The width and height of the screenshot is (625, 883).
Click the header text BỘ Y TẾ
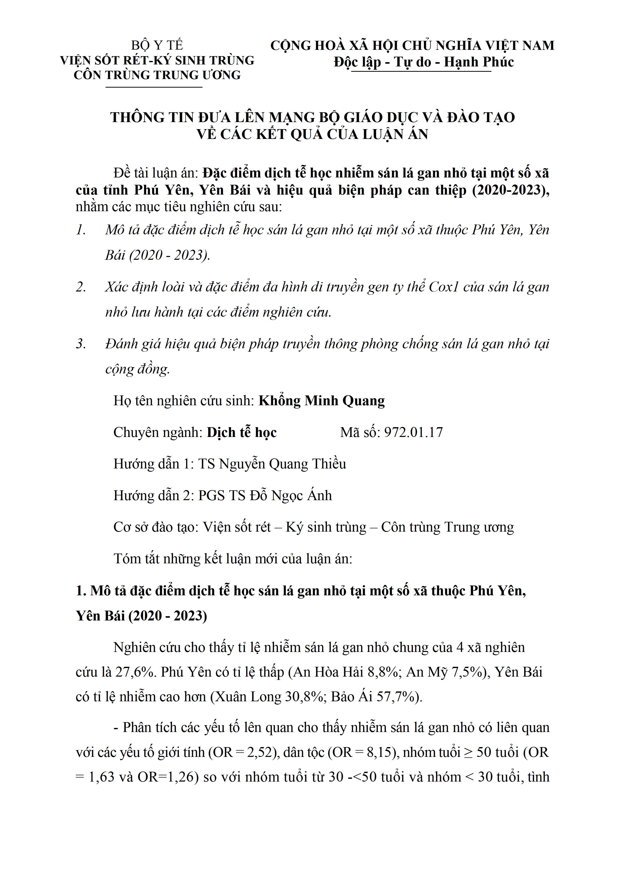point(157,45)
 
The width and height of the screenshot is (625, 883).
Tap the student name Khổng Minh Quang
point(321,401)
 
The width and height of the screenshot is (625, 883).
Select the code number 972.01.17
point(414,432)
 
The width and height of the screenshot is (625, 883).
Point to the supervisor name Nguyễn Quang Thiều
point(282,464)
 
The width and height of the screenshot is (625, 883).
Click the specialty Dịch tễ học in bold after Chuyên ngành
point(242,432)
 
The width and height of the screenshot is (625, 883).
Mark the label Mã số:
point(360,432)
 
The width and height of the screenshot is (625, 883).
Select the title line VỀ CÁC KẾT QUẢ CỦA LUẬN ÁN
point(312,134)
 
